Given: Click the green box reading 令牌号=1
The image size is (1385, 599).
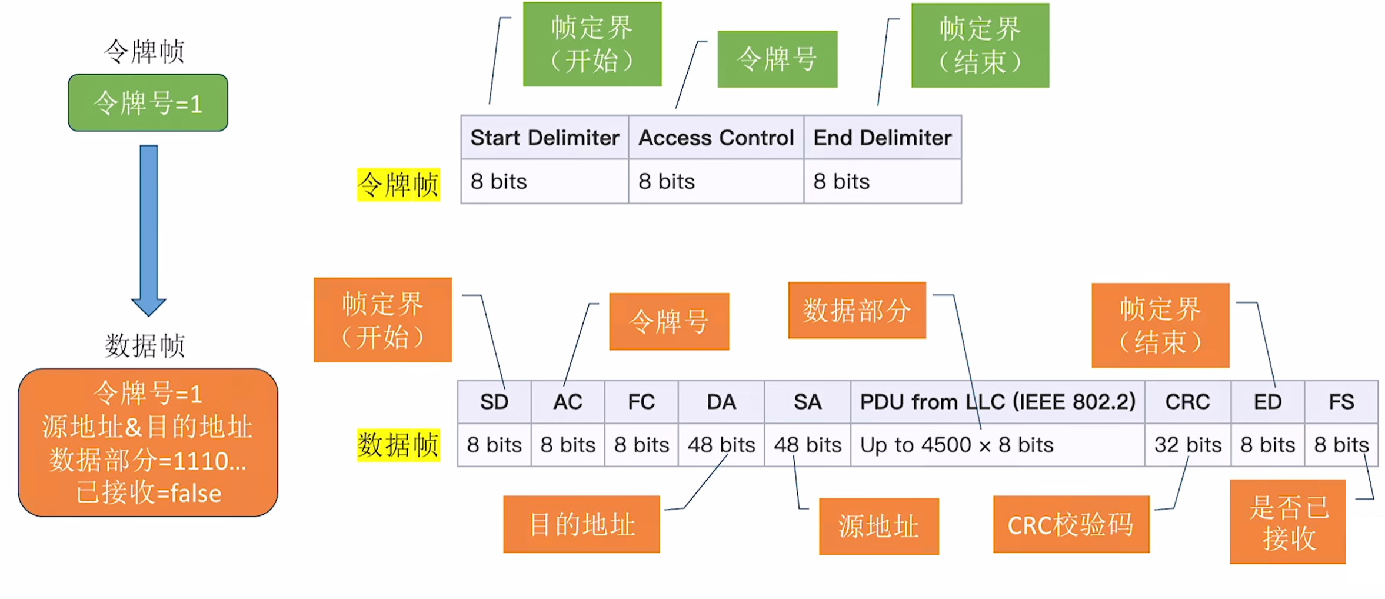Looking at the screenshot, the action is point(148,103).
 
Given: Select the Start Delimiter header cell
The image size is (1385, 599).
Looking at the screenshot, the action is point(545,137).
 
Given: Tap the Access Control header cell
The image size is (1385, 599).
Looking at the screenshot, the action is point(716,137).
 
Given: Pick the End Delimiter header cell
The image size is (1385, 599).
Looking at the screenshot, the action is point(883,137).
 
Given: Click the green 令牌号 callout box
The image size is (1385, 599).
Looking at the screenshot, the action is point(777,59).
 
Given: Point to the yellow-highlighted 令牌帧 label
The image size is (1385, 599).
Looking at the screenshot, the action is point(398,185).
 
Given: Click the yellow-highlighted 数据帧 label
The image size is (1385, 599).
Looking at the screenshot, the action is point(398,445).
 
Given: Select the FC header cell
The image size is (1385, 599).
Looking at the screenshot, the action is point(641,402).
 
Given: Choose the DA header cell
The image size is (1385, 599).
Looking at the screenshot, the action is point(721,402).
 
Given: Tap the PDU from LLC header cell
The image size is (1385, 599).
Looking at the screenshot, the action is point(998,402).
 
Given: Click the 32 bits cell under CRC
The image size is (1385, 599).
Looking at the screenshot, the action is point(1188,445).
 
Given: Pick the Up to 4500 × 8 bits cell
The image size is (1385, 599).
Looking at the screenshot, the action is point(998,445).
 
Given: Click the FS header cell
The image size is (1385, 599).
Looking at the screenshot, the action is point(1341,402).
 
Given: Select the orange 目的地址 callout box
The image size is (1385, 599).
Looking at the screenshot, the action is point(581,524).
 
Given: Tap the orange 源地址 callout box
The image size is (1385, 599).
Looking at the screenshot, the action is point(879,527).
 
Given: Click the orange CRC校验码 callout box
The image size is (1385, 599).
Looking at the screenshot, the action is point(1071,524).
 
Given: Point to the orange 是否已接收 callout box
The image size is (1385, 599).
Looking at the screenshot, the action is point(1288,522).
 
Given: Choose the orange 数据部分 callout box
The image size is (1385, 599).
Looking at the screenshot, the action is point(857,310).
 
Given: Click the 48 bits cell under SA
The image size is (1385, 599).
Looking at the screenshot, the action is point(808,445).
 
